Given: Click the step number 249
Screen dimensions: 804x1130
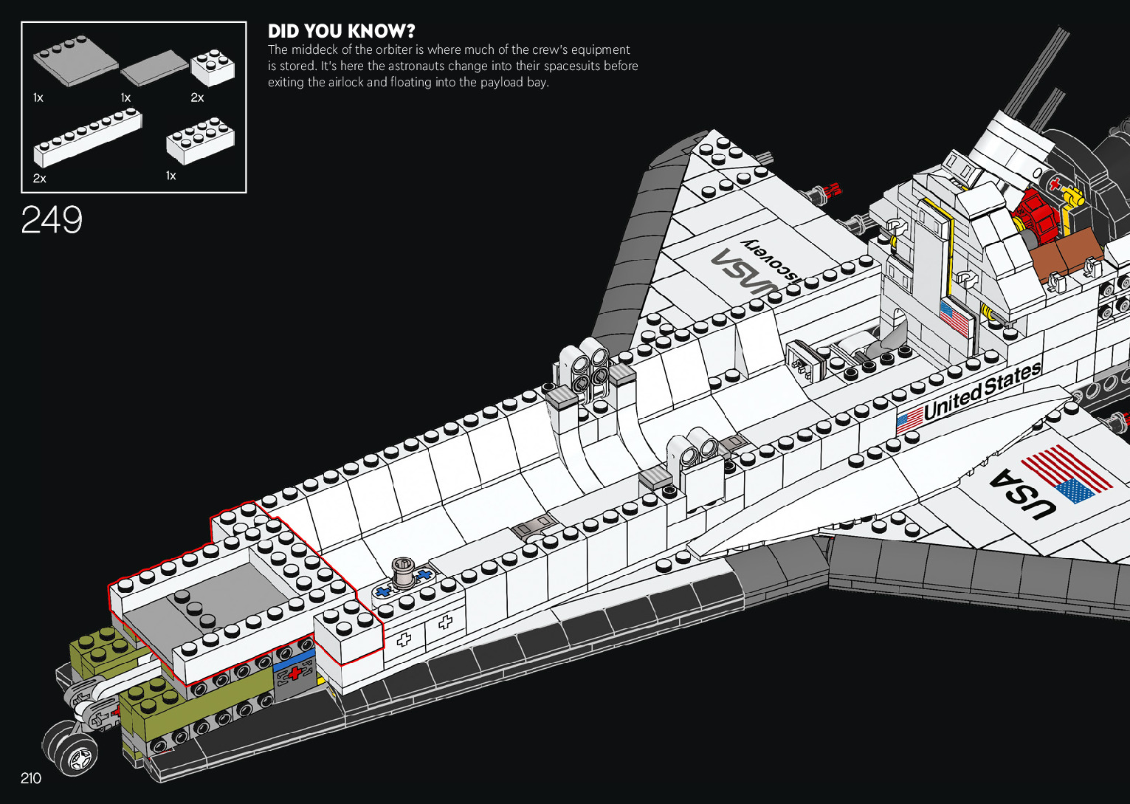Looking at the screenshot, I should click(x=52, y=219).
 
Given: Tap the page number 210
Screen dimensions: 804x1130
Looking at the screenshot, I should click(x=31, y=778).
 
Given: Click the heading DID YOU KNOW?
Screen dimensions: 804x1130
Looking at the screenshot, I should click(x=341, y=31).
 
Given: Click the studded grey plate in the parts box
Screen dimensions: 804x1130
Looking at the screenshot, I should click(x=75, y=62).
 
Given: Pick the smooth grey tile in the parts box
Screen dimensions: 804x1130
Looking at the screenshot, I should click(x=154, y=67).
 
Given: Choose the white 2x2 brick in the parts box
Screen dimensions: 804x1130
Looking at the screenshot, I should click(x=213, y=66).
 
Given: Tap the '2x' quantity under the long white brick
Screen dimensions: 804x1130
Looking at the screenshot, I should click(x=40, y=178).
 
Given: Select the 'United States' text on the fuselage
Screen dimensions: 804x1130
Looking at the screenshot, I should click(x=982, y=391).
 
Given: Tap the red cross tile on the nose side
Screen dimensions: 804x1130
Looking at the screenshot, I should click(x=294, y=673).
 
